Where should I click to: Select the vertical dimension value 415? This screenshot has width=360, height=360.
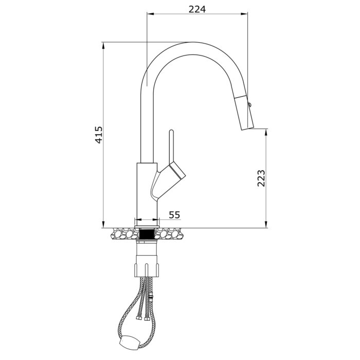pos(99,135)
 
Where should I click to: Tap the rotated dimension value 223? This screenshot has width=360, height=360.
pos(261,178)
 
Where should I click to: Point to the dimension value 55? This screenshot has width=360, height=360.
pos(174,214)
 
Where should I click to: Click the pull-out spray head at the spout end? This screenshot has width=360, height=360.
pos(245,112)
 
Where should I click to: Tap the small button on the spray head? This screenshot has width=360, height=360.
pos(250,105)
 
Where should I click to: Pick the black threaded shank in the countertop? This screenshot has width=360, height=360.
pos(147,234)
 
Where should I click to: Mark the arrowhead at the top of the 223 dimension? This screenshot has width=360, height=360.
pos(266,132)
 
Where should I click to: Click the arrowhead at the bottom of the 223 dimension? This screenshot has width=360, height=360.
pos(266,225)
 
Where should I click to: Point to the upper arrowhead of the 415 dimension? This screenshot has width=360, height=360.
pos(103,45)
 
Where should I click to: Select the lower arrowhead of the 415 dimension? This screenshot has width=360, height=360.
pos(103,225)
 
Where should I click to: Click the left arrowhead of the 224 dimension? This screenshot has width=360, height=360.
pos(150,15)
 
